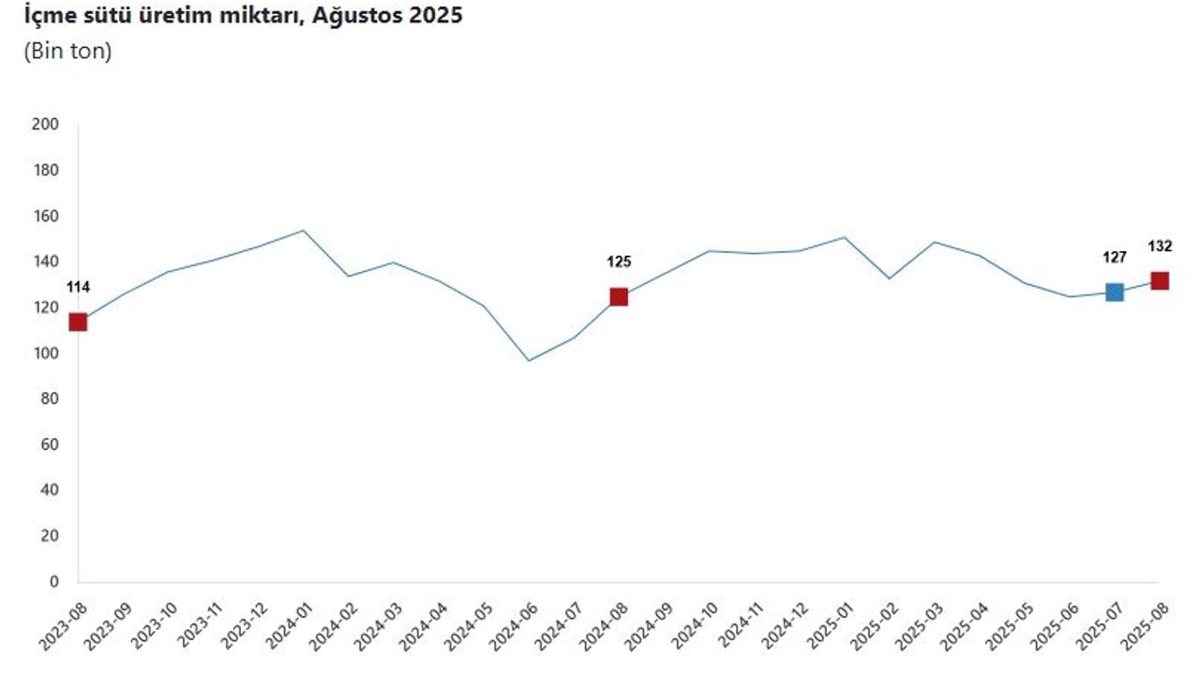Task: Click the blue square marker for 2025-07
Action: point(1114,292)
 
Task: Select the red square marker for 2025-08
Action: point(1160,281)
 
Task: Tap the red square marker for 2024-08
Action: point(619,297)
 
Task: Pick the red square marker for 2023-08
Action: point(78,322)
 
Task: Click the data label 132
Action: point(1160,247)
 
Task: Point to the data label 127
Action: point(1114,258)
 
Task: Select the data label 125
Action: point(619,262)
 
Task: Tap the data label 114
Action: point(78,288)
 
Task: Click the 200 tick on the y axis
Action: point(45,124)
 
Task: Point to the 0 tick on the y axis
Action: point(53,582)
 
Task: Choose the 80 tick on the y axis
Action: point(49,399)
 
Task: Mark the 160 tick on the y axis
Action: point(45,216)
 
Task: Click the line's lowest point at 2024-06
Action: point(529,361)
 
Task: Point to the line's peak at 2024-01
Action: point(304,231)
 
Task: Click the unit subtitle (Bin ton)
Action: point(67,52)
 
